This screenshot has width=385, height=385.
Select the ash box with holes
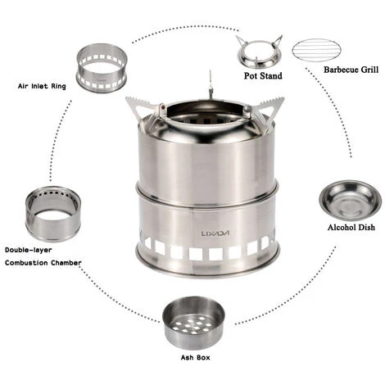pos(193,323)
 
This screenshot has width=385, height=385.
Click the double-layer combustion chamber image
pos(52,212)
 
